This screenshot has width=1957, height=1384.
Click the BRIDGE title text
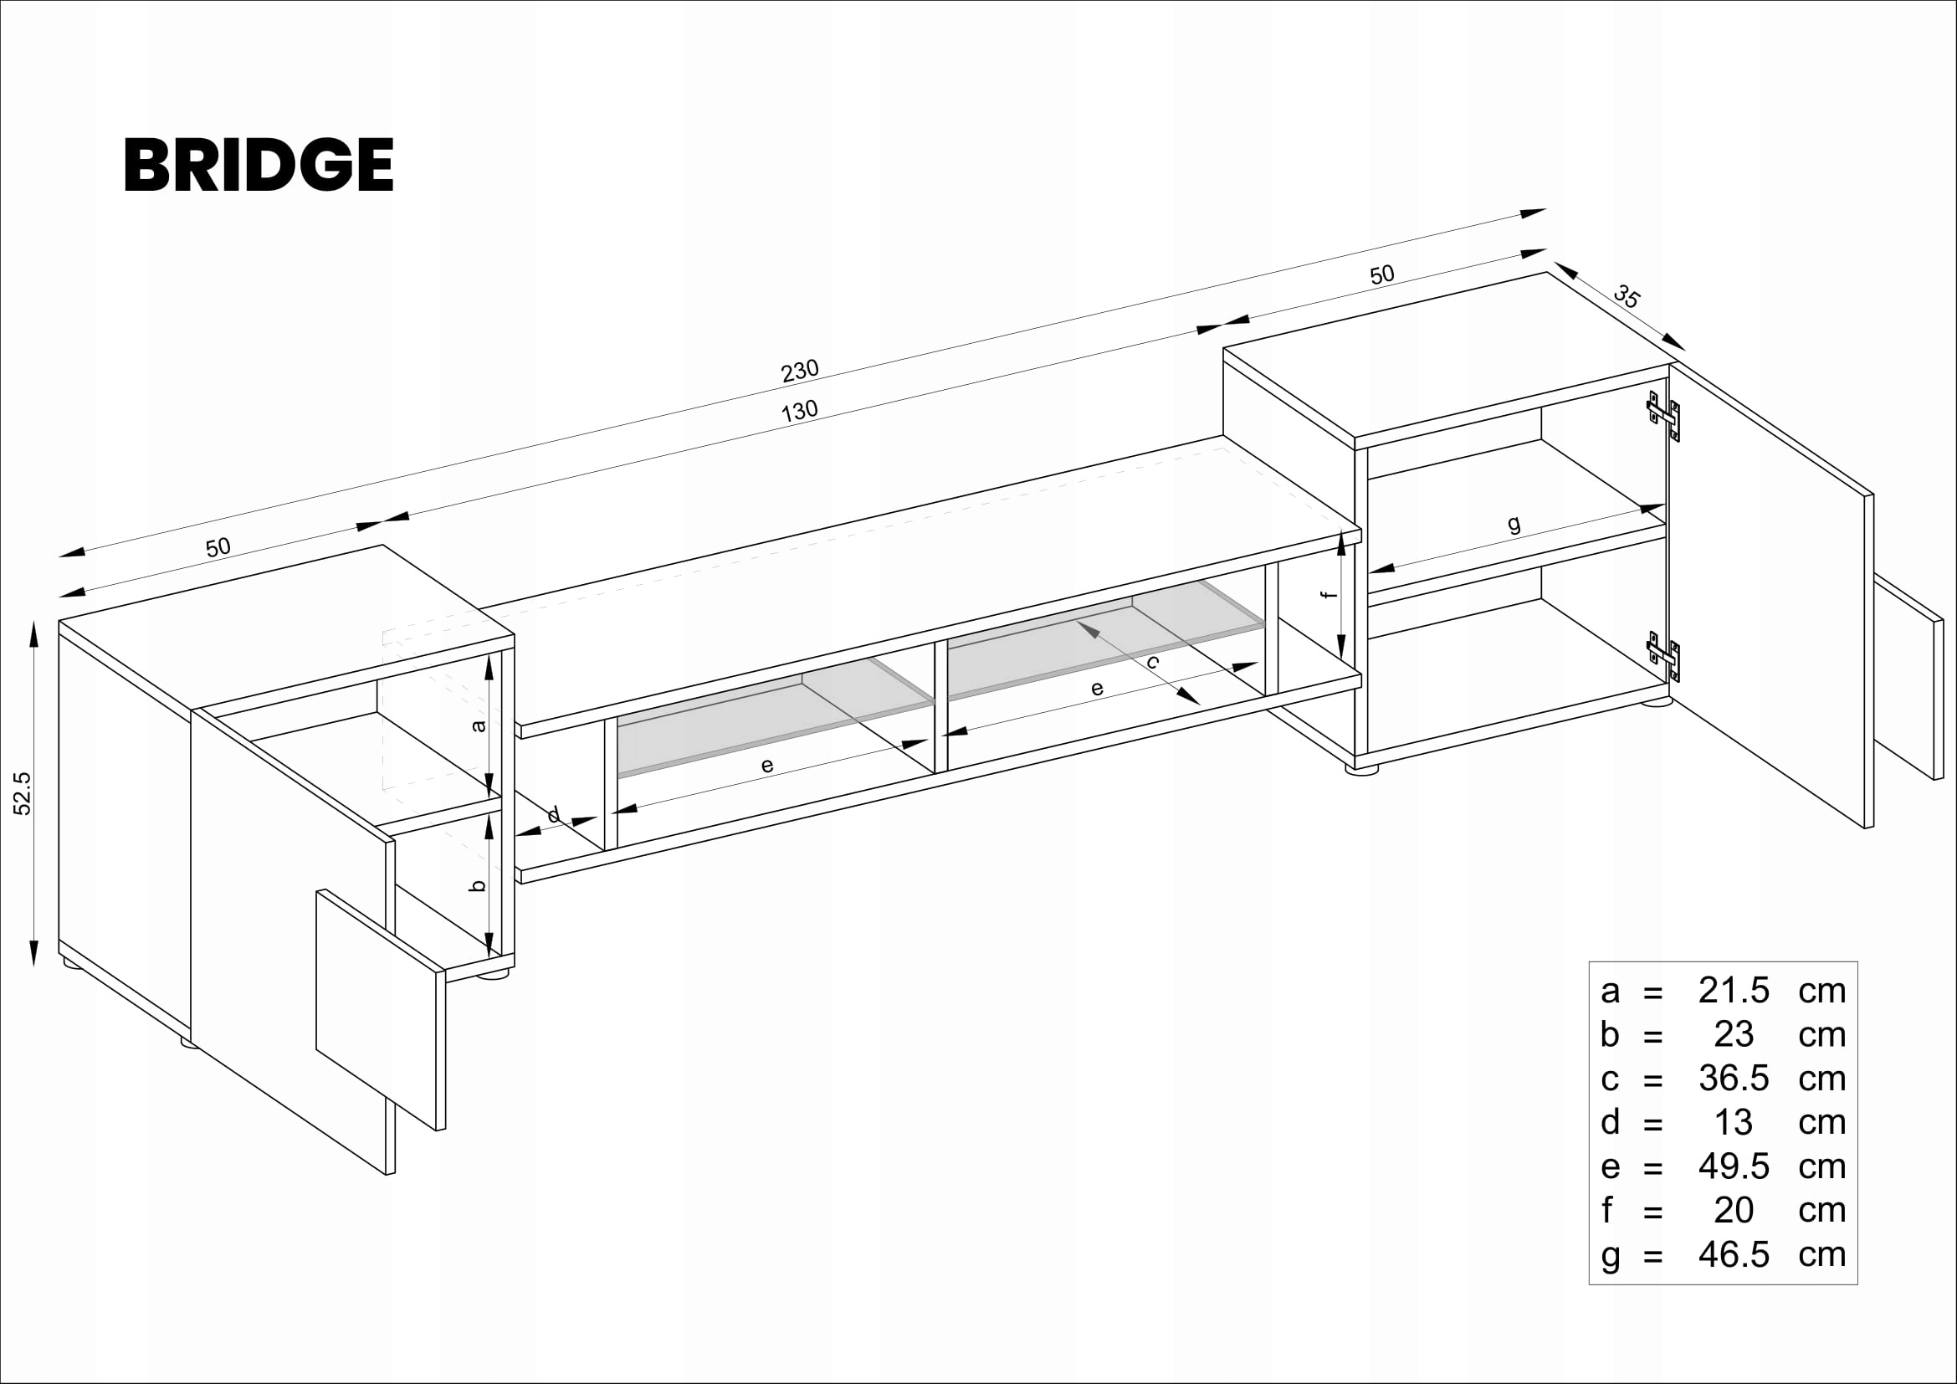pos(259,165)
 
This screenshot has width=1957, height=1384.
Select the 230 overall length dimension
pos(800,371)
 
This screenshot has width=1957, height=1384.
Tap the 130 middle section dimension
pos(800,412)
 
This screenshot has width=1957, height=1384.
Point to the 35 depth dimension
pos(1626,296)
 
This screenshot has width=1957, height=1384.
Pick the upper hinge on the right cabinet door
pos(1664,416)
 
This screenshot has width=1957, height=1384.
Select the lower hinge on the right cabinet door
pos(1664,656)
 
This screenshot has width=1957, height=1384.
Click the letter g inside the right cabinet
pos(1514,524)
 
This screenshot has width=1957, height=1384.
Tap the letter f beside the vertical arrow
pos(1328,594)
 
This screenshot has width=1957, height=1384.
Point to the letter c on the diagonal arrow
pos(1152,662)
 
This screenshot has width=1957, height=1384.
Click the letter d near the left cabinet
pos(554,816)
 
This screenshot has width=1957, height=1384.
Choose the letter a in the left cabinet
pos(479,726)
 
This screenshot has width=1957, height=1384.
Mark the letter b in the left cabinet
pos(479,885)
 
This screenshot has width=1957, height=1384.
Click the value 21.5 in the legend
pos(1733,990)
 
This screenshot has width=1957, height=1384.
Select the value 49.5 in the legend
pos(1733,1166)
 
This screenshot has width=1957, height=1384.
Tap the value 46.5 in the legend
pos(1733,1254)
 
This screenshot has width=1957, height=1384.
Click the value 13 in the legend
pos(1733,1122)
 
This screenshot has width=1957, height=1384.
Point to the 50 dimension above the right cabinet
pos(1381,274)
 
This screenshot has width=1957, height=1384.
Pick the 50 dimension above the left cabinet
pos(218,547)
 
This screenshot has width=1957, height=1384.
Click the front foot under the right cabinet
pos(1361,769)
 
